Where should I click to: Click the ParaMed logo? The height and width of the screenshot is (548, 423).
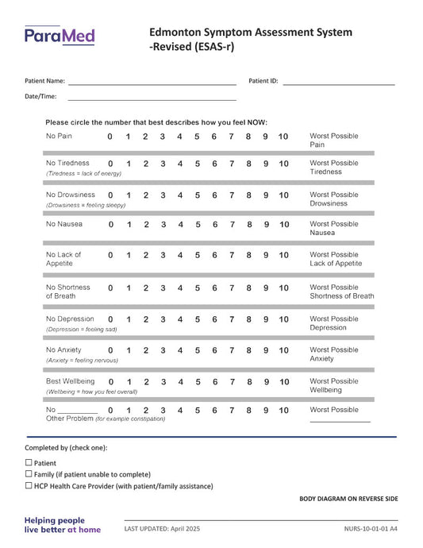pyautogui.click(x=60, y=35)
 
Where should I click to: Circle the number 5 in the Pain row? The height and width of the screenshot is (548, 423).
pyautogui.click(x=197, y=137)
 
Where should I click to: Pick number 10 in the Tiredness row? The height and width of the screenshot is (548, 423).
pyautogui.click(x=283, y=164)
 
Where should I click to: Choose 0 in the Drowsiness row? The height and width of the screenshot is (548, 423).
pyautogui.click(x=110, y=195)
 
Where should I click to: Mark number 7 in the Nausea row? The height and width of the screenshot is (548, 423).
pyautogui.click(x=232, y=225)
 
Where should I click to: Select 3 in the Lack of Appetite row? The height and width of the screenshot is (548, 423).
pyautogui.click(x=163, y=256)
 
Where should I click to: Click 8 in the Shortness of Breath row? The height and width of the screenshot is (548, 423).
pyautogui.click(x=248, y=288)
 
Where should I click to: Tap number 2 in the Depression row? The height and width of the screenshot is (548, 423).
pyautogui.click(x=145, y=320)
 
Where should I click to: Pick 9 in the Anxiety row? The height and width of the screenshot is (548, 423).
pyautogui.click(x=266, y=350)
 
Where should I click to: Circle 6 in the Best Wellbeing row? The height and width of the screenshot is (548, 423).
pyautogui.click(x=214, y=382)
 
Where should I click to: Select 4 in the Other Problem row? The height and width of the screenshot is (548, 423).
pyautogui.click(x=180, y=411)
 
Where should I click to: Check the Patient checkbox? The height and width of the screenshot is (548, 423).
pyautogui.click(x=29, y=462)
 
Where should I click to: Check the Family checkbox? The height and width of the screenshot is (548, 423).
pyautogui.click(x=29, y=474)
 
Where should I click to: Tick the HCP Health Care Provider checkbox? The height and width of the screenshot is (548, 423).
pyautogui.click(x=29, y=486)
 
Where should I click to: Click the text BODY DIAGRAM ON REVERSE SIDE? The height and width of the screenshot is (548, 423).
pyautogui.click(x=348, y=499)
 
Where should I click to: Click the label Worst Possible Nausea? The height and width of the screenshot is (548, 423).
pyautogui.click(x=333, y=229)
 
